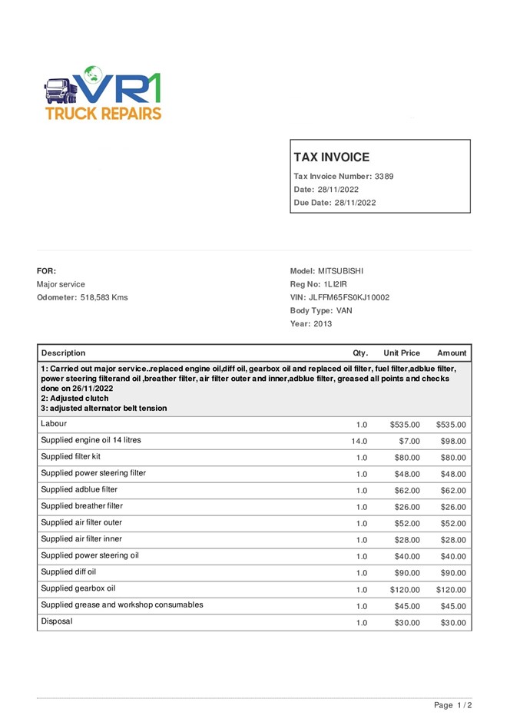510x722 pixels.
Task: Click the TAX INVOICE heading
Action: [x=331, y=157]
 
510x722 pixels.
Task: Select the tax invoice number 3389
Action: [x=384, y=177]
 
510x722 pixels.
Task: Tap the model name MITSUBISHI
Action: [x=340, y=271]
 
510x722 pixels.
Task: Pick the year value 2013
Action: [x=323, y=324]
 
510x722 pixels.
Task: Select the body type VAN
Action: [x=344, y=311]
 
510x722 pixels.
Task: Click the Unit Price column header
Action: [x=402, y=353]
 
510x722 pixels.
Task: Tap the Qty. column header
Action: [x=360, y=353]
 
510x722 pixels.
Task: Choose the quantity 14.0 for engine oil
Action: [x=359, y=442]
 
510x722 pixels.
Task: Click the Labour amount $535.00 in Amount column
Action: [x=451, y=425]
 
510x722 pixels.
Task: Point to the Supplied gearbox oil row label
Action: [x=78, y=588]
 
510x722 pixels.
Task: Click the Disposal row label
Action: [x=57, y=621]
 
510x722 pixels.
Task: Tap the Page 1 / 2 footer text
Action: [x=452, y=705]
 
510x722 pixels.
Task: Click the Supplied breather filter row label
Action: [x=81, y=506]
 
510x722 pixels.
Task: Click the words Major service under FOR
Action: [x=61, y=284]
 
